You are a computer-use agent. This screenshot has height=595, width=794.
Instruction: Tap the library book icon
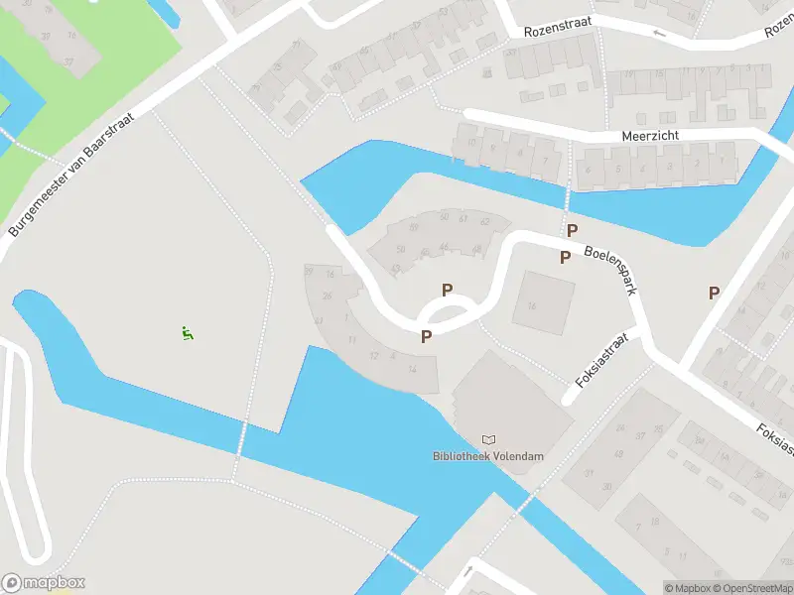point(487,439)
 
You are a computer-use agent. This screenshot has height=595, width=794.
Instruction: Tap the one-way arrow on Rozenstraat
point(658,33)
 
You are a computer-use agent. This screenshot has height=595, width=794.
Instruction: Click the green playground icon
point(187,333)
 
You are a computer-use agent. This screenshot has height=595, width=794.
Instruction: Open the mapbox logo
point(43,583)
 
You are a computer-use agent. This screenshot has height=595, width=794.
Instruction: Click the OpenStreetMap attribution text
point(749,588)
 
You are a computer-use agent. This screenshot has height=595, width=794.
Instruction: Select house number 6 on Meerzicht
point(588,169)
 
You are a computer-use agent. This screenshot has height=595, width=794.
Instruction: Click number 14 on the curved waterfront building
point(411,368)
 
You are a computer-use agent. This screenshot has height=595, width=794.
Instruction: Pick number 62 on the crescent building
point(484,220)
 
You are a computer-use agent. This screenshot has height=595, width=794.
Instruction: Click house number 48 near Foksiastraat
point(618,455)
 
